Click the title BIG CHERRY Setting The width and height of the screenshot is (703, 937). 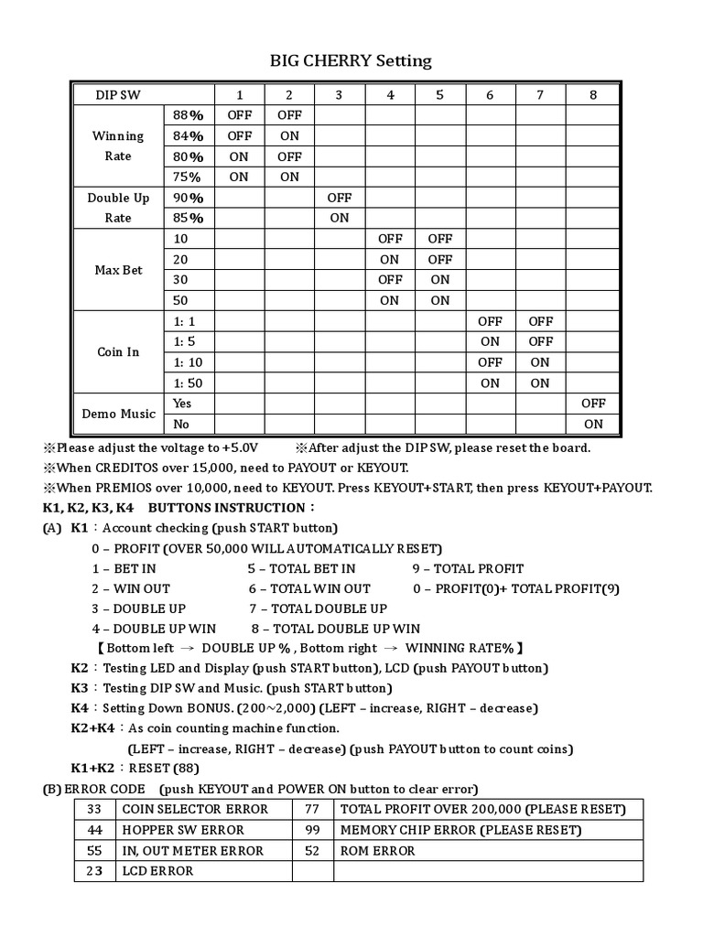pyautogui.click(x=351, y=61)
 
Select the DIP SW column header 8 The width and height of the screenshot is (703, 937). pyautogui.click(x=593, y=94)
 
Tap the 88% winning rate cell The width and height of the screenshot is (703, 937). pyautogui.click(x=188, y=115)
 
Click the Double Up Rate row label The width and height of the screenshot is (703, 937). pyautogui.click(x=118, y=208)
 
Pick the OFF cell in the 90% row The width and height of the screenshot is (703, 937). pyautogui.click(x=339, y=198)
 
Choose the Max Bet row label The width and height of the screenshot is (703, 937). pyautogui.click(x=118, y=270)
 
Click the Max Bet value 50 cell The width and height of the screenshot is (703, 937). pyautogui.click(x=180, y=300)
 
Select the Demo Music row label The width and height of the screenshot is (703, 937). pyautogui.click(x=118, y=414)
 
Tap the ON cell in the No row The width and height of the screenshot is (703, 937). pyautogui.click(x=593, y=424)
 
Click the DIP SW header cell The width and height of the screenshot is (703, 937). pyautogui.click(x=118, y=94)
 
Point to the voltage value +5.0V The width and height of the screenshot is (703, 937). pyautogui.click(x=240, y=447)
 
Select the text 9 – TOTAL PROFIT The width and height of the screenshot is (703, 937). pyautogui.click(x=468, y=568)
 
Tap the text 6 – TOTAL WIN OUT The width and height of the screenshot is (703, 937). pyautogui.click(x=308, y=588)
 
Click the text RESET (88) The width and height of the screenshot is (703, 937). pyautogui.click(x=164, y=769)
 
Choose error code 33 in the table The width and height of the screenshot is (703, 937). pyautogui.click(x=94, y=809)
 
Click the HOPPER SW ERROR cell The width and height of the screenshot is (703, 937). pyautogui.click(x=183, y=830)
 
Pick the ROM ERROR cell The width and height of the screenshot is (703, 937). pyautogui.click(x=377, y=850)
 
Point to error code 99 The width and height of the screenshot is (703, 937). pyautogui.click(x=313, y=830)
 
